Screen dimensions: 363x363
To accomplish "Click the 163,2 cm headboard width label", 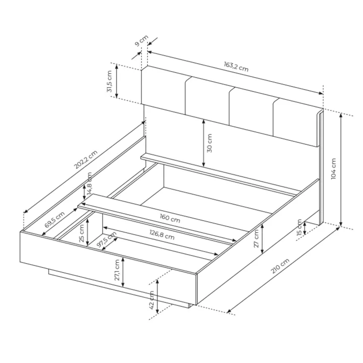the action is [236, 67].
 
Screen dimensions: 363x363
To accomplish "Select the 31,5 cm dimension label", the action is [109, 81].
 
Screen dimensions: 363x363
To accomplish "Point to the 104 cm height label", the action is [333, 169].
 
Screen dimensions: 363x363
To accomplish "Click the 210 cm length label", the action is [280, 266].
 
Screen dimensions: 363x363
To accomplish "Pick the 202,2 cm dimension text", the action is [85, 159].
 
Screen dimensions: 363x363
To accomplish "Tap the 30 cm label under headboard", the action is [209, 143].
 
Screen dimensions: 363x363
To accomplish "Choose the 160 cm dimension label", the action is [170, 218].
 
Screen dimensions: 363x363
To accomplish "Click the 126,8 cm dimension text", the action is [162, 234].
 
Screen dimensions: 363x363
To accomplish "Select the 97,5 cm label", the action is [106, 239].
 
